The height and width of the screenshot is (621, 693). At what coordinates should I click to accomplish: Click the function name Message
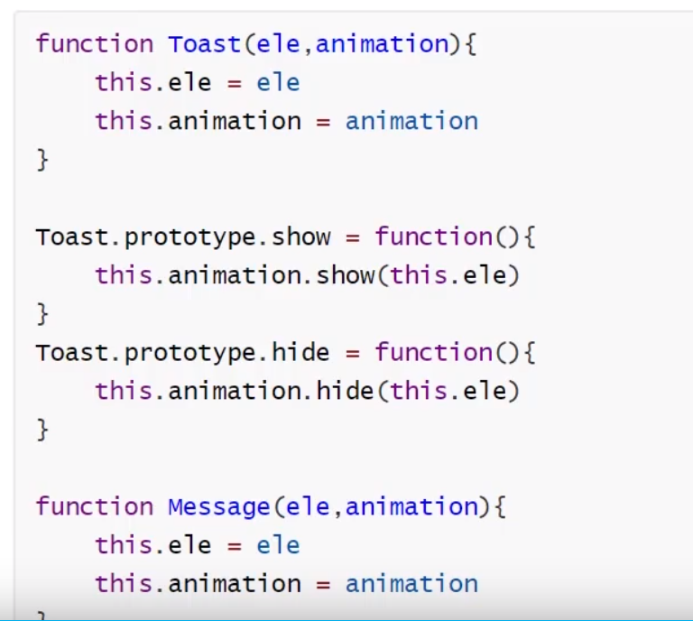[x=218, y=506]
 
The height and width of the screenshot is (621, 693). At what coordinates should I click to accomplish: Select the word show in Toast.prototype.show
[x=300, y=236]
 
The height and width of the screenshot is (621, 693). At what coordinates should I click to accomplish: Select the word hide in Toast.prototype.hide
[x=300, y=352]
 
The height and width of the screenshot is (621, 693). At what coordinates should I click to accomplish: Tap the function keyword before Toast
[x=95, y=43]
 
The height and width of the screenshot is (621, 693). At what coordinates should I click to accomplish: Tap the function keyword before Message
[x=95, y=506]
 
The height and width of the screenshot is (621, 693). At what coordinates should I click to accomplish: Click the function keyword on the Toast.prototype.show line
[x=433, y=236]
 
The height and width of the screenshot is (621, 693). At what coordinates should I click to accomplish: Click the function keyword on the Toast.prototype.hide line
[x=433, y=352]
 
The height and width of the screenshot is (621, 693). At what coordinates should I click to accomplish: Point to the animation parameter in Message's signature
[x=411, y=506]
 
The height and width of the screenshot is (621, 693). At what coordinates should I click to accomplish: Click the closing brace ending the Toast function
[x=42, y=160]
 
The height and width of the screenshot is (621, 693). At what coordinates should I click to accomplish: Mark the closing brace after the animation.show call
[x=42, y=313]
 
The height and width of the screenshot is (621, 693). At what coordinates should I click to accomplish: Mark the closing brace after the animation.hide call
[x=42, y=429]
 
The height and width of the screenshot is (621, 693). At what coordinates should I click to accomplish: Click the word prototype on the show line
[x=190, y=236]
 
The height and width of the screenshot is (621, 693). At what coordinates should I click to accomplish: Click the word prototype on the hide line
[x=190, y=352]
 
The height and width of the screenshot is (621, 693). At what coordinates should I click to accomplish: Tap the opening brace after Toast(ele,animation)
[x=470, y=43]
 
